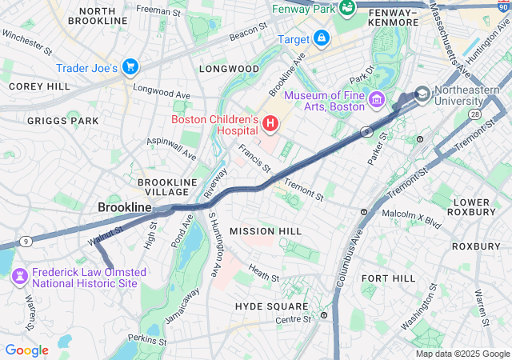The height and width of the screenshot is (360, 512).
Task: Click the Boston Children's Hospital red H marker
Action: point(270,124)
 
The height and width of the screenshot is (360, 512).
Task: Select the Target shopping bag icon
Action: point(321,38)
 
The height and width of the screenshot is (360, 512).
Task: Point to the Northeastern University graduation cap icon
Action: point(422,94)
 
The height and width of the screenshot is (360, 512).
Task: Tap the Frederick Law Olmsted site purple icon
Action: point(20,276)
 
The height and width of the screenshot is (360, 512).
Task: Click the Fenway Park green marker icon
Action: point(347,8)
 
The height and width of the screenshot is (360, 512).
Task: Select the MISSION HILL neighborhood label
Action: point(266,231)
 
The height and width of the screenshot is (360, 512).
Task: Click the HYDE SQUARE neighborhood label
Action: point(271,306)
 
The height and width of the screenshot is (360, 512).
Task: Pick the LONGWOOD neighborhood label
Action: point(230,69)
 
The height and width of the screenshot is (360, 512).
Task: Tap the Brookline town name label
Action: point(124,207)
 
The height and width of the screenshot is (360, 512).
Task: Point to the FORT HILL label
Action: point(388,278)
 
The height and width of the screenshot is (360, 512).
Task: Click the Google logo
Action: point(26,350)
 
